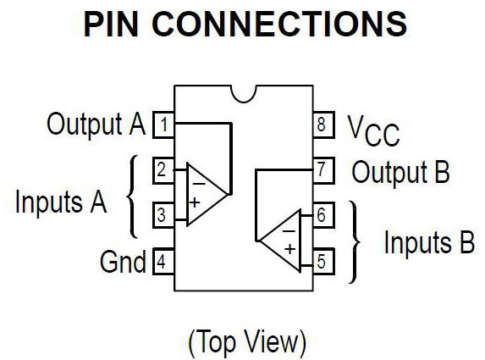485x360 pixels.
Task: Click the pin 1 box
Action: click(163, 126)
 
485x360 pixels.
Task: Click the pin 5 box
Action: click(321, 261)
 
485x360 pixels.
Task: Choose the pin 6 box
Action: click(321, 216)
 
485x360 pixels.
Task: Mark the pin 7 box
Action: click(321, 171)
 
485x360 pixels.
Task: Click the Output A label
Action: click(96, 125)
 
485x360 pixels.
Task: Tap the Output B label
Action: click(400, 173)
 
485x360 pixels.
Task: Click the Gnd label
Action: click(123, 261)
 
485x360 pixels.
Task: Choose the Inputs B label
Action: click(429, 242)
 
